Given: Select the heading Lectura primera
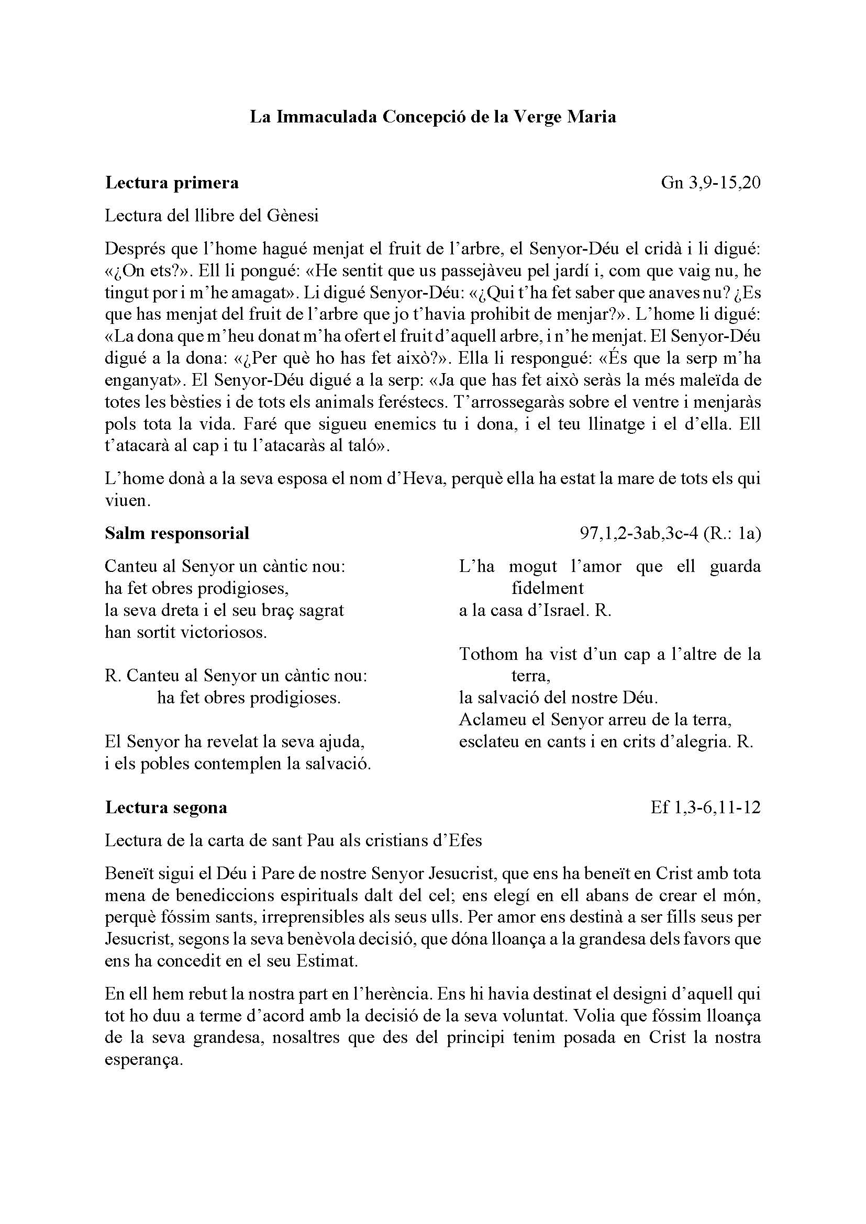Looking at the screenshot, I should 172,183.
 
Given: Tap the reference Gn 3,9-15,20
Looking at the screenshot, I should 710,183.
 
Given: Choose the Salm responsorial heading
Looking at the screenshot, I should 177,533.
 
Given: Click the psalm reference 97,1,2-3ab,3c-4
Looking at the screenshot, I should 638,533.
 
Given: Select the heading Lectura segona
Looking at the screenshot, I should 166,807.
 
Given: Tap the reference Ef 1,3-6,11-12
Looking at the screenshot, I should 705,807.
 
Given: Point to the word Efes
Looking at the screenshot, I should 465,841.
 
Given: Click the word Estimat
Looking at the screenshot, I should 326,961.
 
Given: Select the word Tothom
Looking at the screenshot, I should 488,654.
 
